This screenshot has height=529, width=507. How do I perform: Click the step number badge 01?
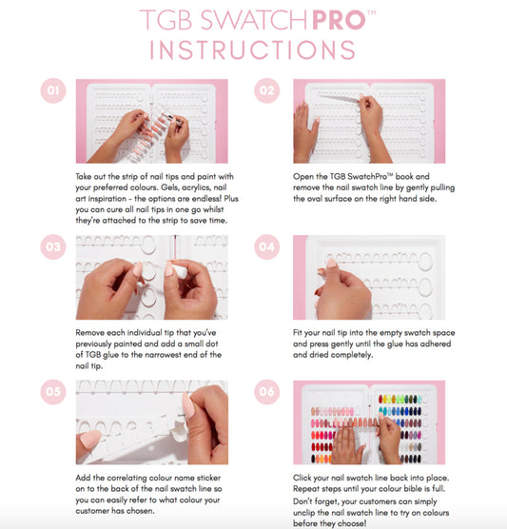53,90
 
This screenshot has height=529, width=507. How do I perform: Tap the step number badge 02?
267,90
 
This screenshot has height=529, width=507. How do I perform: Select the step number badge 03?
53,246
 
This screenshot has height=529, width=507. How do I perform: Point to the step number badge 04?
267,246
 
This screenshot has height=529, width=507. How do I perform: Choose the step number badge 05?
53,392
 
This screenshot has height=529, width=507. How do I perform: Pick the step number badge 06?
267,392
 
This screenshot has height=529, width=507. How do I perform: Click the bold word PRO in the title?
339,20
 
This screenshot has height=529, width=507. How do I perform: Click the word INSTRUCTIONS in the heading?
253,50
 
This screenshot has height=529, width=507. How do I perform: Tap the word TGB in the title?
166,20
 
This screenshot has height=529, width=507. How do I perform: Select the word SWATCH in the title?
254,20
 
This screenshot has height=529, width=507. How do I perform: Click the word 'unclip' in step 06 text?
304,513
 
